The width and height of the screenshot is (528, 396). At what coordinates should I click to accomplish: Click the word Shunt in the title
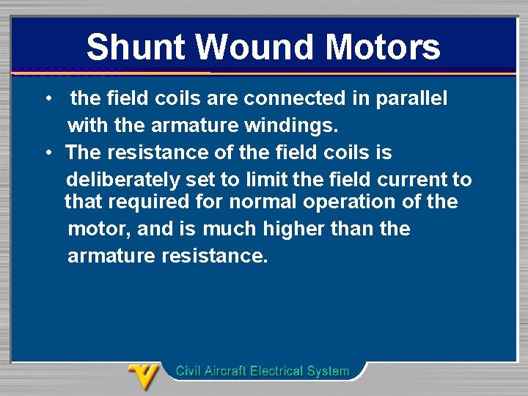[x=136, y=48]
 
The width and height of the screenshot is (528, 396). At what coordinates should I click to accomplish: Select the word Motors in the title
[x=383, y=48]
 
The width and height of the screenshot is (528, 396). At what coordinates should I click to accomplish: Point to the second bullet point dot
[x=47, y=153]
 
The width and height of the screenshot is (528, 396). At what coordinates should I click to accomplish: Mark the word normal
[x=260, y=202]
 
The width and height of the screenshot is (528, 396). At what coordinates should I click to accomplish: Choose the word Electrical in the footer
[x=279, y=371]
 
